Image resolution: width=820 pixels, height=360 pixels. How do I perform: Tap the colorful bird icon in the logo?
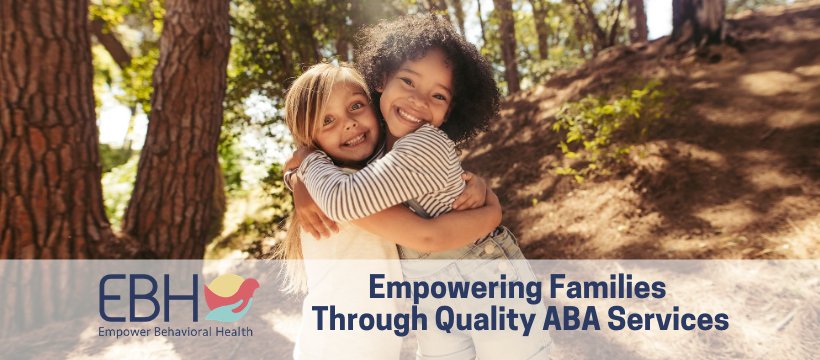[x=231, y=297]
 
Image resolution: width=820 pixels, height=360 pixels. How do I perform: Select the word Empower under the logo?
[x=127, y=331]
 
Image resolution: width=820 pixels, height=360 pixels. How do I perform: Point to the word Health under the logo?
[x=236, y=331]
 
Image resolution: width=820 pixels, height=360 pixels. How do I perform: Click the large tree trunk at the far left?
[x=45, y=130]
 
